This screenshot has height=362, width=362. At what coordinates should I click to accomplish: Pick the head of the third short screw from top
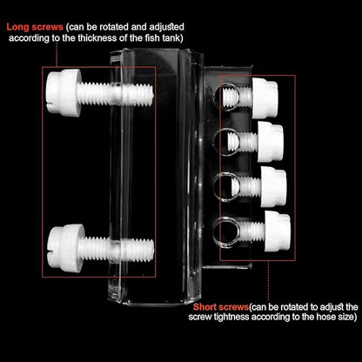(272, 184)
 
